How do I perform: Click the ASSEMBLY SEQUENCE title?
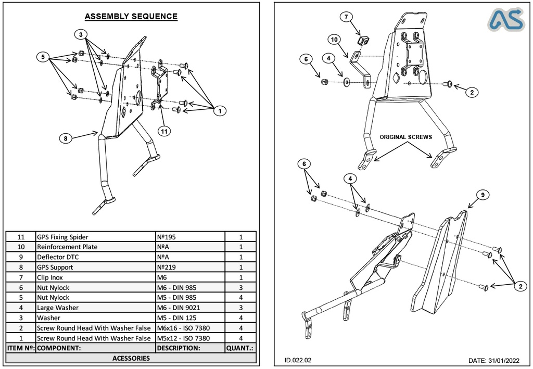(131, 16)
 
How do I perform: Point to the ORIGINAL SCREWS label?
(405, 137)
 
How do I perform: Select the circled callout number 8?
(65, 138)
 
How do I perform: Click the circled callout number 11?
(164, 132)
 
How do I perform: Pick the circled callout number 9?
(483, 195)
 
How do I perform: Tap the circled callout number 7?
(347, 17)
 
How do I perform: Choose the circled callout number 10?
(335, 40)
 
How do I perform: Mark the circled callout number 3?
(81, 34)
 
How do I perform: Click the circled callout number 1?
(220, 110)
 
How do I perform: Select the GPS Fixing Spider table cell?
(95, 237)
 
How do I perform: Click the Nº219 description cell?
(190, 268)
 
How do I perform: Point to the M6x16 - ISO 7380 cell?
(190, 328)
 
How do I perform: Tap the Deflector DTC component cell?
(95, 257)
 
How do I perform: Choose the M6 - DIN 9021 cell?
(190, 308)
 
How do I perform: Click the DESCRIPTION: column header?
(190, 348)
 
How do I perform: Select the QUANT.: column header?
(240, 348)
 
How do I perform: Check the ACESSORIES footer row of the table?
(131, 358)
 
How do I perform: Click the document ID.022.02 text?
(298, 360)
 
